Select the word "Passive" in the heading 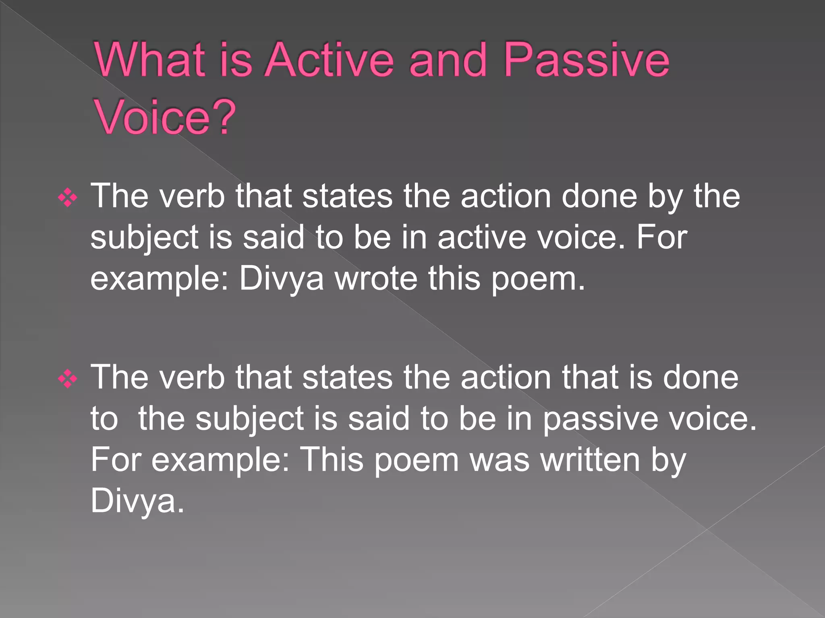point(586,60)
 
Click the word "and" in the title point(448,60)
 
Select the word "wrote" point(376,278)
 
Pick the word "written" point(590,459)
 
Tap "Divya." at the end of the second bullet point(137,501)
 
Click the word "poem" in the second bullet point(417,460)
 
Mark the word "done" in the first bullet point(599,196)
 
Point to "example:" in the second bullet point(220,460)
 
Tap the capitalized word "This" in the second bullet point(332,459)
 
